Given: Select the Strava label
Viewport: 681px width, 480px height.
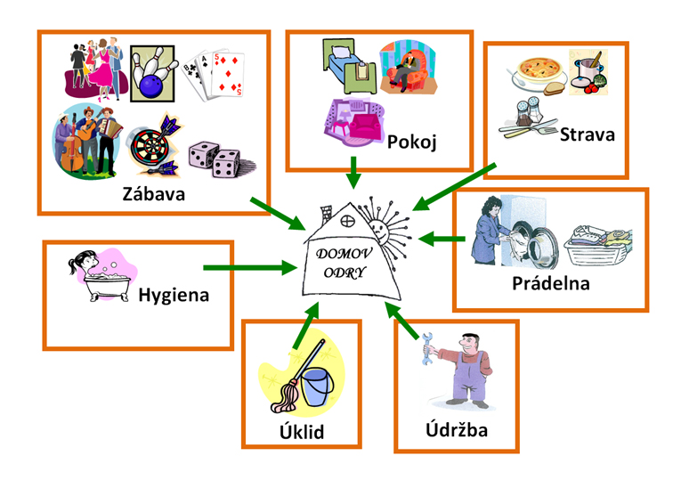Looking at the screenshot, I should [588, 134].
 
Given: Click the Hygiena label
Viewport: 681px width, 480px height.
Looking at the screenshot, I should [174, 294].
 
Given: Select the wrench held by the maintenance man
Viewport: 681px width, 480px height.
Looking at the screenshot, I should [428, 347].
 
